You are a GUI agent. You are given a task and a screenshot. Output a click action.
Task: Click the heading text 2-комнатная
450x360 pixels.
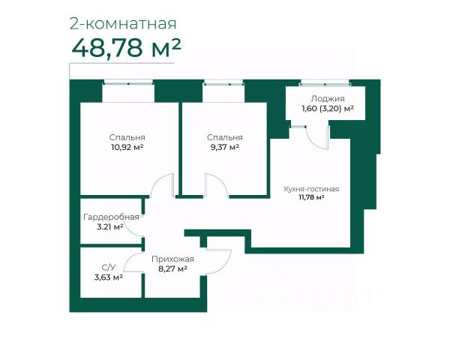tap(123, 24)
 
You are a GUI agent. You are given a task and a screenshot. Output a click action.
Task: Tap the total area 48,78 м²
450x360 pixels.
tap(126, 48)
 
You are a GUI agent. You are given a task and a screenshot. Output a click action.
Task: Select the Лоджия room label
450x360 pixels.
tap(328, 99)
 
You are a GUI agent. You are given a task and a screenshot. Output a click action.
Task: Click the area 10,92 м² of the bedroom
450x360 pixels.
tap(127, 147)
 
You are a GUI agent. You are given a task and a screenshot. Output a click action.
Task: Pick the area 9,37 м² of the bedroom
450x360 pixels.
tap(225, 147)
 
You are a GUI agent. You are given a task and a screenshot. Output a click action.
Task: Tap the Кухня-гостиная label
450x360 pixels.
tap(311, 189)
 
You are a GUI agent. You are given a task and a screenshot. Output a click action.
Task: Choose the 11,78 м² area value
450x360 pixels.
tap(311, 197)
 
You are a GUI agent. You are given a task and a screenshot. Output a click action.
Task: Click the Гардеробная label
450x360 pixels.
tap(111, 217)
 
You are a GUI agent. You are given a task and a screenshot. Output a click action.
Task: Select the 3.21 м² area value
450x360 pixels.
tap(110, 226)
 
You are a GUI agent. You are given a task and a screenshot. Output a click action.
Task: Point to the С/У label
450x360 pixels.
tap(109, 268)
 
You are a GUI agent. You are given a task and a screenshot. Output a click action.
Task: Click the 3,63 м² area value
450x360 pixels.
tap(109, 277)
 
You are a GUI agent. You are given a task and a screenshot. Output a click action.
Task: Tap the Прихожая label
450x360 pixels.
tap(172, 259)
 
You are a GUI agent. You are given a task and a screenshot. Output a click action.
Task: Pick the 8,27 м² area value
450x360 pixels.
tap(172, 269)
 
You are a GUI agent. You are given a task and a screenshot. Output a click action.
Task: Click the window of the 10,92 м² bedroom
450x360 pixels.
tap(128, 83)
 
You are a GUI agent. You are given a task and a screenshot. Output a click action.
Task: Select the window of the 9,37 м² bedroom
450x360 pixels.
tap(223, 84)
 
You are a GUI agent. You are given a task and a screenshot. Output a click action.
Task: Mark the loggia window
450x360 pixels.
tap(325, 84)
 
